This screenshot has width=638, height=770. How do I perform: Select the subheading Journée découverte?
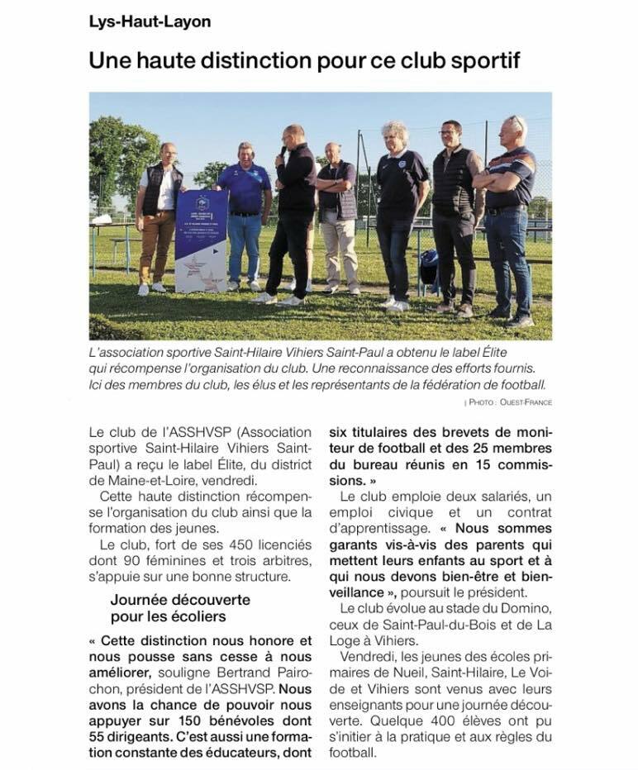(180, 600)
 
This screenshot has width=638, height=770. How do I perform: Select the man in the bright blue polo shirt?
(244, 215)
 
